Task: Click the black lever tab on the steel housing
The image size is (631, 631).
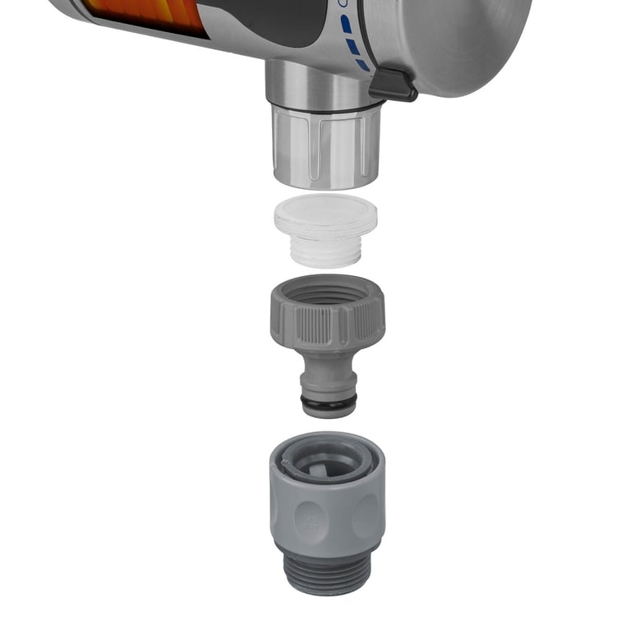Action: click(393, 85)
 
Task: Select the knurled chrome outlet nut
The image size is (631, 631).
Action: click(326, 148)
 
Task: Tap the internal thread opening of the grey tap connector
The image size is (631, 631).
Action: click(326, 290)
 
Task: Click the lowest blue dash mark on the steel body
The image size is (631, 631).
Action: click(362, 64)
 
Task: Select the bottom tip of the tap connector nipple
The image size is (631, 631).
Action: click(329, 412)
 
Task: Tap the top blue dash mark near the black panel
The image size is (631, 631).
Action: click(346, 25)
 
